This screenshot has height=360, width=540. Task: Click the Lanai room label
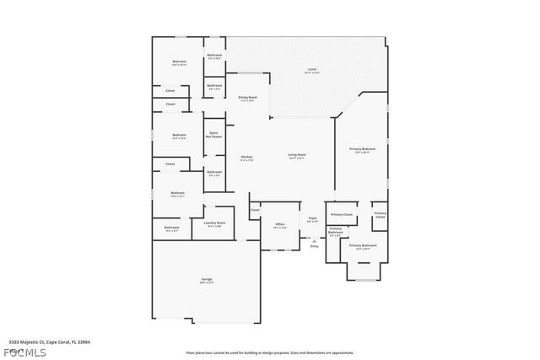pyautogui.click(x=311, y=70)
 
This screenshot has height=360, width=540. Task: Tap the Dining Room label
pyautogui.click(x=247, y=98)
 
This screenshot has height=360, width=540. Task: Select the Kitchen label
pyautogui.click(x=246, y=157)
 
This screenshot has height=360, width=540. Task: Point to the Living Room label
pyautogui.click(x=296, y=156)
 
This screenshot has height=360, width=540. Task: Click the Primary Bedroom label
pyautogui.click(x=363, y=150)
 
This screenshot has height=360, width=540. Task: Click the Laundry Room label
pyautogui.click(x=214, y=224)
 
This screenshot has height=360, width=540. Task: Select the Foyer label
pyautogui.click(x=312, y=219)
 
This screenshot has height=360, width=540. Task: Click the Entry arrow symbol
pyautogui.click(x=314, y=240)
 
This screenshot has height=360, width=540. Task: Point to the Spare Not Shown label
pyautogui.click(x=214, y=134)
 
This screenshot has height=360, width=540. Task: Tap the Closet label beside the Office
pyautogui.click(x=255, y=210)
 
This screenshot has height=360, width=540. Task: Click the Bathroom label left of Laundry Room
pyautogui.click(x=172, y=228)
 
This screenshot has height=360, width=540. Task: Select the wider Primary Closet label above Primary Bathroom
pyautogui.click(x=342, y=215)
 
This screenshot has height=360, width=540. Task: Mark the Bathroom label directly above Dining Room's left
pyautogui.click(x=214, y=86)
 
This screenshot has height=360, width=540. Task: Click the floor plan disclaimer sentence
pyautogui.click(x=270, y=352)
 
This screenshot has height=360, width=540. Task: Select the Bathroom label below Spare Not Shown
pyautogui.click(x=214, y=173)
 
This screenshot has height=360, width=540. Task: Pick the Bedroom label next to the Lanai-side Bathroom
pyautogui.click(x=180, y=62)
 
